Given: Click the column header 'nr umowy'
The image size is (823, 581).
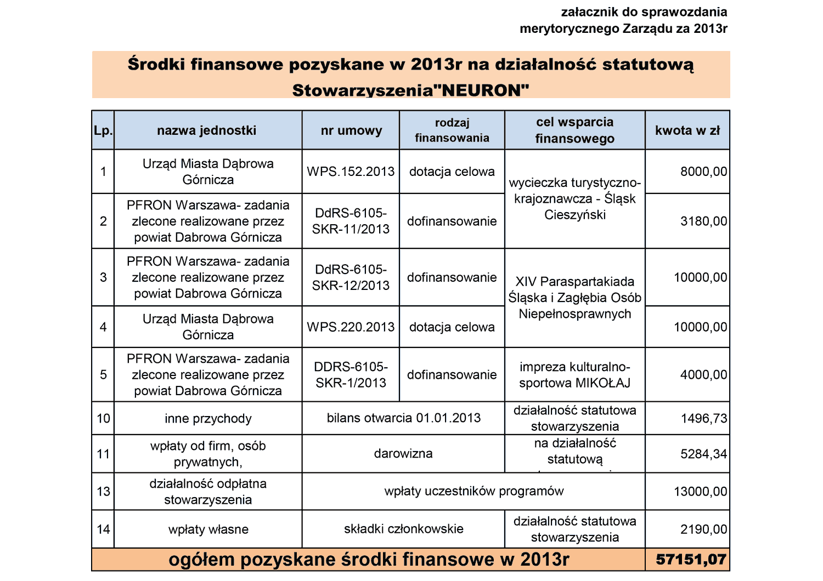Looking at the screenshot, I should pos(351,130).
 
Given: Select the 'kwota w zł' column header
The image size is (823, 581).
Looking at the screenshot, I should pos(687,130).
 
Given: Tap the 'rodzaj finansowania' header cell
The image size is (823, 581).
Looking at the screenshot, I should pos(452,130).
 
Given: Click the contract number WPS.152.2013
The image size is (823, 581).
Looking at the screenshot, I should pos(351,172).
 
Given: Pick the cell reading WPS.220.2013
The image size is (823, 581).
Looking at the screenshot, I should pos(351,327).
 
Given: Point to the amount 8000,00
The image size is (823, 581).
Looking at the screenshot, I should pos(703,172).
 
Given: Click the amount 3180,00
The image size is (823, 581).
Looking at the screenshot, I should pos(703,221).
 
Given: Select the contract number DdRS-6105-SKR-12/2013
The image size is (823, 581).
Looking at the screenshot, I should pos(351,277).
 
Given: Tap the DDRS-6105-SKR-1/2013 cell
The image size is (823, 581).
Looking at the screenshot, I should pos(351,375).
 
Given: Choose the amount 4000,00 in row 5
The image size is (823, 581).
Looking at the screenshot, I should pos(703,375).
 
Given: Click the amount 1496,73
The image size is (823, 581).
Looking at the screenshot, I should pos(703,419).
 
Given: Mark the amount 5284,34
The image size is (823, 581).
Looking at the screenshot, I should pos(703,454).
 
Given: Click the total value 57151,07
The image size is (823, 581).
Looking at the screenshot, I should pos(691,560).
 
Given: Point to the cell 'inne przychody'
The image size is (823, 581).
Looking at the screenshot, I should pos(208,419).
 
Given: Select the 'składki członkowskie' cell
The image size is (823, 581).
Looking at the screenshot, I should pos(403,529).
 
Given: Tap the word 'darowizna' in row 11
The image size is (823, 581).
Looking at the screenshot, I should pos(403,454).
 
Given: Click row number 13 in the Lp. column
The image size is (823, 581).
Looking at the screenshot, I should pos(103,492).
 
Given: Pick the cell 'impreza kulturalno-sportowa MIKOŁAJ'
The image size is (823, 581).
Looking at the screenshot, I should pos(574,375).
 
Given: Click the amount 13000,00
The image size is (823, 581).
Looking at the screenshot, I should pos(700,492).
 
